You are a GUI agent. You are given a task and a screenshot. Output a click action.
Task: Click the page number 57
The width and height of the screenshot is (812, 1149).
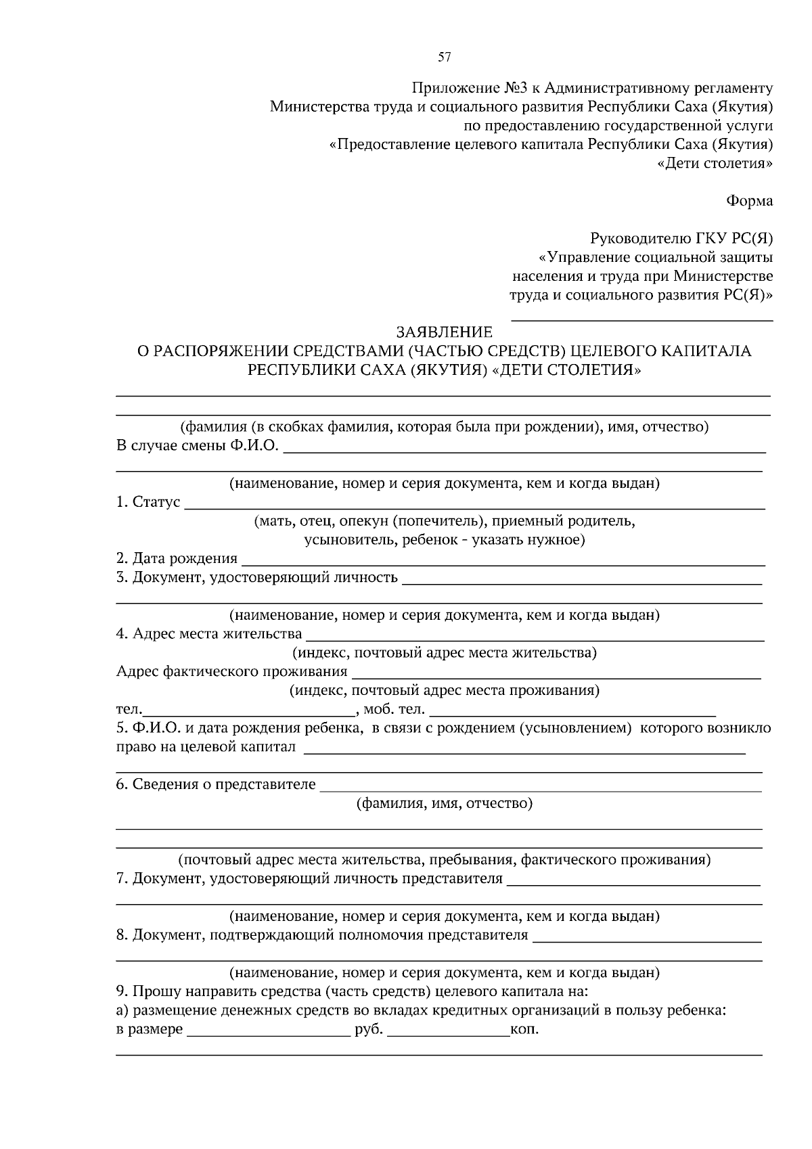(x=444, y=58)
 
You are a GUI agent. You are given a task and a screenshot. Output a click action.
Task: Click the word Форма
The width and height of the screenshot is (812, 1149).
(x=749, y=200)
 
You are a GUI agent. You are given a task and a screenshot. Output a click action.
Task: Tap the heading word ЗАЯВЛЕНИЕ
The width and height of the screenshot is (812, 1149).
(x=445, y=332)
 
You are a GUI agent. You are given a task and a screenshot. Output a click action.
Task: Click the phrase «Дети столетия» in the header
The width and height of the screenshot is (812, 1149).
(x=715, y=163)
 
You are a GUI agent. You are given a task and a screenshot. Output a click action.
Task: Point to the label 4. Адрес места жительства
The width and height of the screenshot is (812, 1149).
(x=209, y=633)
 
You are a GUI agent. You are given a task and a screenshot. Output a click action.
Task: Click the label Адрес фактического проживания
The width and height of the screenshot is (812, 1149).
(x=231, y=671)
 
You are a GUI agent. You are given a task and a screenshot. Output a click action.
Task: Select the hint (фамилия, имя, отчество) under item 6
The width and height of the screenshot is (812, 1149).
(x=445, y=803)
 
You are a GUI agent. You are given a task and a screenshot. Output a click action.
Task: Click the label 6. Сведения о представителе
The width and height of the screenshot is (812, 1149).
(x=216, y=784)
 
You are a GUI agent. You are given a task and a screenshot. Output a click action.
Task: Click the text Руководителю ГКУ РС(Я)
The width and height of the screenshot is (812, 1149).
(x=681, y=238)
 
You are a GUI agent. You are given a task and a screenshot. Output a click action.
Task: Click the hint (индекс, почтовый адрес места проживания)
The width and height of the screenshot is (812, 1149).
(x=445, y=691)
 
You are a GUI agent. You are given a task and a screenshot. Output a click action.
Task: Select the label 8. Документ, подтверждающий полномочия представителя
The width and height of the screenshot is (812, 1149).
(x=321, y=935)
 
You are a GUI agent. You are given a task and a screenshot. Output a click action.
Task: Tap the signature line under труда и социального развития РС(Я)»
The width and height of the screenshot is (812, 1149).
(x=641, y=319)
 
